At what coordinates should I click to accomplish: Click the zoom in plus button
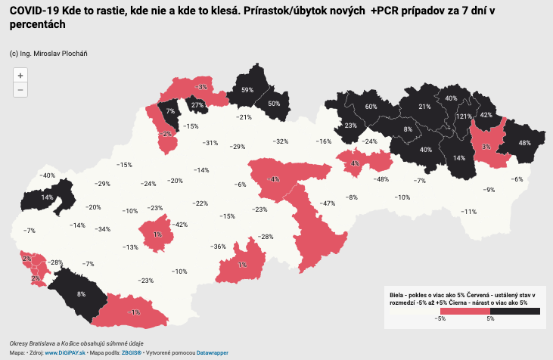click(x=20, y=75)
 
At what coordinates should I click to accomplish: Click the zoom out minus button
click(x=20, y=90)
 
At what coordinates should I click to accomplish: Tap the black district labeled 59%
click(x=247, y=90)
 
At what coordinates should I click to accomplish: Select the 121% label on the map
click(x=464, y=117)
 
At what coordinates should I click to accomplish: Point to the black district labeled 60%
click(x=371, y=107)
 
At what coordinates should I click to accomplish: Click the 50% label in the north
click(x=274, y=104)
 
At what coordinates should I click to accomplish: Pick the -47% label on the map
click(x=328, y=203)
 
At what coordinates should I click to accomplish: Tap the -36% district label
click(x=219, y=247)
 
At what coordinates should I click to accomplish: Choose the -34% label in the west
click(x=103, y=229)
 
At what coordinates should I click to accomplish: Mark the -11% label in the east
click(x=469, y=212)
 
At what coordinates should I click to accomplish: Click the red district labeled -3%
click(x=202, y=88)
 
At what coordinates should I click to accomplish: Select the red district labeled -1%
click(x=135, y=312)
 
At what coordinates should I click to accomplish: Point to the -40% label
click(x=48, y=175)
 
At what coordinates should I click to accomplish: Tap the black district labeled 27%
click(x=197, y=105)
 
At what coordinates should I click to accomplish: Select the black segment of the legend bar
click(x=514, y=311)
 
